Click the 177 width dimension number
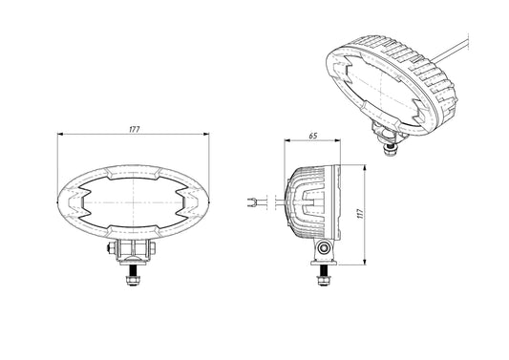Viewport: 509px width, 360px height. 134,130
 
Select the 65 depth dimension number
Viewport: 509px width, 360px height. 313,136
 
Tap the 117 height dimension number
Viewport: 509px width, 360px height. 360,214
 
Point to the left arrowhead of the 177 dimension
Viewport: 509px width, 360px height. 60,134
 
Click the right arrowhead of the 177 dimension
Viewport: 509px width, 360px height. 206,134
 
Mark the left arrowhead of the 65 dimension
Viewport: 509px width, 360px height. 287,140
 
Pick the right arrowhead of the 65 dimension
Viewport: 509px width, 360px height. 337,140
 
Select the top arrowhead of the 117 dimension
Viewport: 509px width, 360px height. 365,168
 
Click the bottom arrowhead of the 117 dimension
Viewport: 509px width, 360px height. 365,262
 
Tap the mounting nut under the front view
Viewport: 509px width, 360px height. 133,280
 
